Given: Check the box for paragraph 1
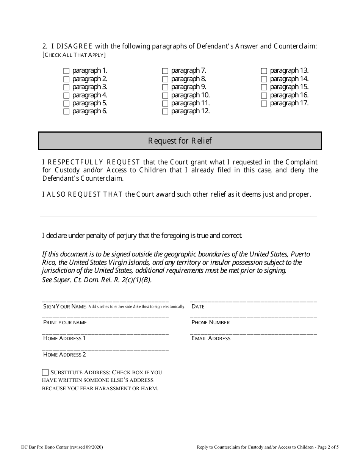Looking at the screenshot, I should click(x=66, y=71).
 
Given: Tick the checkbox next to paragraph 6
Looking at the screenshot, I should click(x=66, y=111).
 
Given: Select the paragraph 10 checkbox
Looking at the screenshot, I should click(x=165, y=95).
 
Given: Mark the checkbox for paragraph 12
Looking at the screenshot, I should click(x=165, y=111).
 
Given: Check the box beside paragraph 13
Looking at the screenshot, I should click(x=264, y=71).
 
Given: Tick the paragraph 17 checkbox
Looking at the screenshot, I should click(x=264, y=103).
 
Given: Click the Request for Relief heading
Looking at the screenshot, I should click(x=180, y=141).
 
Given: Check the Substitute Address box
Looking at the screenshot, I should click(x=45, y=372).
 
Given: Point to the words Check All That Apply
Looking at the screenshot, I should click(x=74, y=55).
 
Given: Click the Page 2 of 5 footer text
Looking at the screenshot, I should click(x=326, y=447).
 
